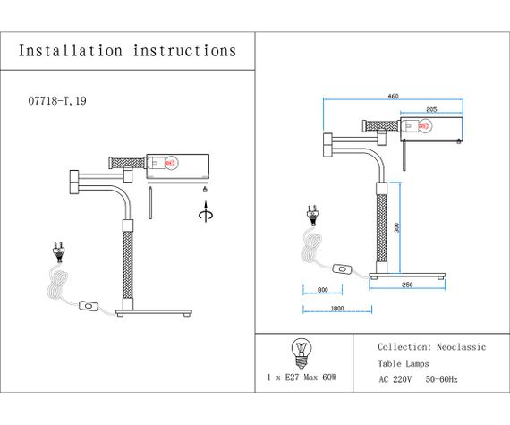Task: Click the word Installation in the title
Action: (x=71, y=51)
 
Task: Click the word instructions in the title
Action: (x=184, y=51)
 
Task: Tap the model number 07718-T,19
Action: (x=57, y=101)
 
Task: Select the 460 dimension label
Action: (x=393, y=97)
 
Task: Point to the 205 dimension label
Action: (x=431, y=110)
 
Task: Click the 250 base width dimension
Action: (x=407, y=285)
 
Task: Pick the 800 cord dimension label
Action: (x=323, y=290)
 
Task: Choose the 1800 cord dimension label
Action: (x=337, y=309)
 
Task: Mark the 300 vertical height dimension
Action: (x=396, y=227)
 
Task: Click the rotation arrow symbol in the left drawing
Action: (x=206, y=213)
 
